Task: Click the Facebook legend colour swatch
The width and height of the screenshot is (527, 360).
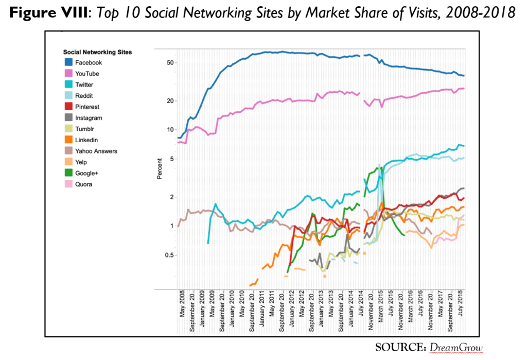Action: click(68, 62)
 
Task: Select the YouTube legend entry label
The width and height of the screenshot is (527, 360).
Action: click(87, 74)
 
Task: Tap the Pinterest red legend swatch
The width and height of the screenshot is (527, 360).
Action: click(68, 107)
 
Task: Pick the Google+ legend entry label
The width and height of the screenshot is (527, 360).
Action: click(86, 173)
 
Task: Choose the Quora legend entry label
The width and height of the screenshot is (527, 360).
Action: click(84, 184)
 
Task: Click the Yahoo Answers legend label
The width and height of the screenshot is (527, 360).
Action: click(96, 151)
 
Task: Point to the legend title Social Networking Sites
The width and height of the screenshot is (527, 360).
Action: click(97, 52)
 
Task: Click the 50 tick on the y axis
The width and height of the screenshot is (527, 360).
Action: click(170, 63)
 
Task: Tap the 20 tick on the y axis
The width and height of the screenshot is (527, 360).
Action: click(170, 101)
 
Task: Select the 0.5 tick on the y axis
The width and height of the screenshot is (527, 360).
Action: click(169, 255)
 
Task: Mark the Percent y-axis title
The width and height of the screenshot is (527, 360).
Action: click(160, 169)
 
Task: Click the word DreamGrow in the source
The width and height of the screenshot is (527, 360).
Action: click(456, 348)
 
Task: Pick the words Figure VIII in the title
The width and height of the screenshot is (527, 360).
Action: click(49, 13)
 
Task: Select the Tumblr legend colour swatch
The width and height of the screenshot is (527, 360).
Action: click(68, 129)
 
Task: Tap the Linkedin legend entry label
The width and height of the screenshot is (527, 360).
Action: click(86, 140)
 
